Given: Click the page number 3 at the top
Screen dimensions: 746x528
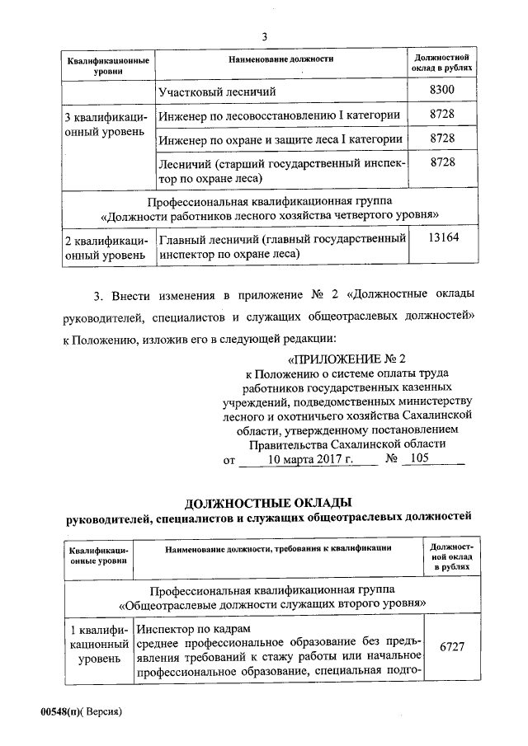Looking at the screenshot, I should point(264,36).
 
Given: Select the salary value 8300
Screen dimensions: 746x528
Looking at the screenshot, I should point(443,90).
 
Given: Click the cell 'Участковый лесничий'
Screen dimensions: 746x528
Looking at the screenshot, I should point(217,91).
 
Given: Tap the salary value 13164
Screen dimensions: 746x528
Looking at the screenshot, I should point(443,238).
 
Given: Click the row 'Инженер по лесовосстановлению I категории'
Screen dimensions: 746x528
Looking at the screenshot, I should point(280,115).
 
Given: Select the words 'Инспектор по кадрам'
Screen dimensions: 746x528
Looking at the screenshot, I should point(186,627).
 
